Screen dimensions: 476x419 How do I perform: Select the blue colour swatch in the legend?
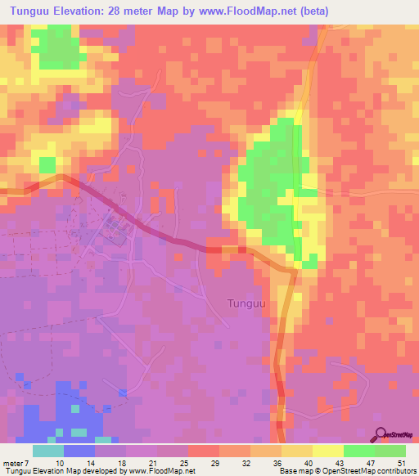coord(79,451)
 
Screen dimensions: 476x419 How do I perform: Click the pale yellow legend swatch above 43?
coord(328,451)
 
